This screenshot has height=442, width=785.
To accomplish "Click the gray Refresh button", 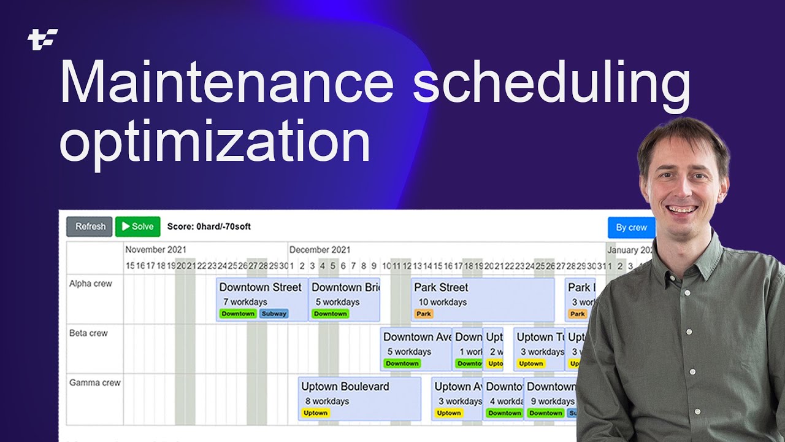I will [90, 227].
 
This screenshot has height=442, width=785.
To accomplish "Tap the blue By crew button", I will [631, 227].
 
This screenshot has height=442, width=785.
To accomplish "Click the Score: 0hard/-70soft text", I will [209, 227].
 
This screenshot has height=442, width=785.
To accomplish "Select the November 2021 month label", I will [156, 250].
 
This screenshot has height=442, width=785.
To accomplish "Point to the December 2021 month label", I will [320, 250].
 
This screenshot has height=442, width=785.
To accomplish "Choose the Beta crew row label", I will [88, 333].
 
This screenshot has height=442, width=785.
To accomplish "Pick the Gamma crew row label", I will [94, 382].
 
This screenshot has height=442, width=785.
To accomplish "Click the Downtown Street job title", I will [260, 287].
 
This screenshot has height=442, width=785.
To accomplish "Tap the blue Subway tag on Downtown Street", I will [274, 314].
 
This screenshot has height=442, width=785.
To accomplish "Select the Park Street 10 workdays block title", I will [440, 287].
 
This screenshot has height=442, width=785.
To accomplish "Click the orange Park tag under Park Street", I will [424, 314].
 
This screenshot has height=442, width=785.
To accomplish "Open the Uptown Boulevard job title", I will [345, 387].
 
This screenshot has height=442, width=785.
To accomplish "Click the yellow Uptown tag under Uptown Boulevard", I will [315, 413].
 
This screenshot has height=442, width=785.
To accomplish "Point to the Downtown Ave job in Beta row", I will [417, 337].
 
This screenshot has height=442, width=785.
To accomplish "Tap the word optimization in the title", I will [215, 141].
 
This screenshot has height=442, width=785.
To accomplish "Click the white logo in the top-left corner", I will [43, 39].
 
